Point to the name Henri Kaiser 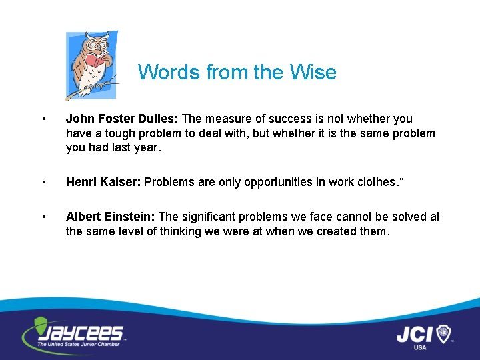coord(103,182)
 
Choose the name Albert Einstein coord(110,217)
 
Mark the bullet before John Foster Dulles coord(43,119)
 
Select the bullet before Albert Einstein coord(43,217)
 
